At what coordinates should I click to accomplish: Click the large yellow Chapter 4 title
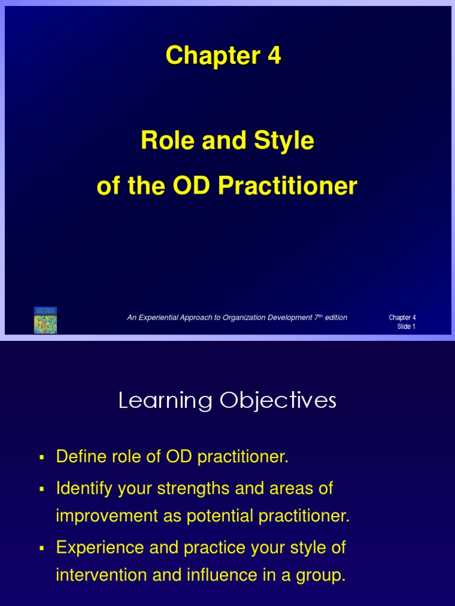pos(223,56)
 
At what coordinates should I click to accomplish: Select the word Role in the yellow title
pos(163,141)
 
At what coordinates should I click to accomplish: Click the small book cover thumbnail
pos(45,320)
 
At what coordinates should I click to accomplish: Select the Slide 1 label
pos(406,327)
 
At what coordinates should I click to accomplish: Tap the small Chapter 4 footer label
pos(402,318)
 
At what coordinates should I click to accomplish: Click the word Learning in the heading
pos(165,401)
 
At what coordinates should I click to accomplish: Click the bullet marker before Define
pos(41,457)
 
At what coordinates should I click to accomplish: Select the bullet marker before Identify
pos(41,489)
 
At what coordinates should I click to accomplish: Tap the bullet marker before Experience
pos(41,549)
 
